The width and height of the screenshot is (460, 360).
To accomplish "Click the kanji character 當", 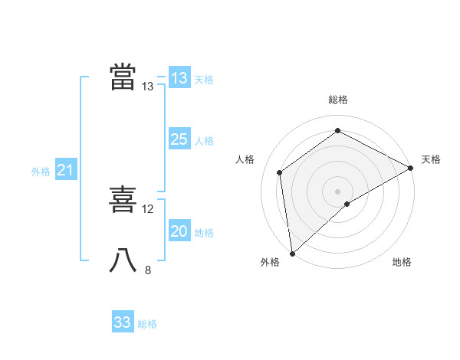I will [123, 77].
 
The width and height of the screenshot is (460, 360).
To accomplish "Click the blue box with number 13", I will [179, 78].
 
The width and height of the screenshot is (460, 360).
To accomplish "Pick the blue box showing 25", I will [179, 139].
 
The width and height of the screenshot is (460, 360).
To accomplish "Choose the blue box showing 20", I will [179, 231].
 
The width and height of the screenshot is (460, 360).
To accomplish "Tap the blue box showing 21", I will [65, 171].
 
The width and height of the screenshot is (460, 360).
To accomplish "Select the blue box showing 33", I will [123, 322].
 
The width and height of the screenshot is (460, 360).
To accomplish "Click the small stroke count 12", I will [148, 208].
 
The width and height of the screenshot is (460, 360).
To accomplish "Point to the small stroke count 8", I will [148, 270].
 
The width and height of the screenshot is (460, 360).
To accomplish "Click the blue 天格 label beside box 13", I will [204, 80].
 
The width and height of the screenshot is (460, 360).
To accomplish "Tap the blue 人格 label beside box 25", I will [204, 141].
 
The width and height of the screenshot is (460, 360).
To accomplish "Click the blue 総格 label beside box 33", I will [147, 324].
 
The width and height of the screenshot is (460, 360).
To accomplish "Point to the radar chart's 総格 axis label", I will [337, 100].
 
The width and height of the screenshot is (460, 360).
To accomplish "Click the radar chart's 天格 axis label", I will [431, 159].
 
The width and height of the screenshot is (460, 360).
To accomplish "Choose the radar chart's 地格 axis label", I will [402, 263].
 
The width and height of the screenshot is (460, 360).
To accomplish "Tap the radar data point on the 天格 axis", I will [411, 168].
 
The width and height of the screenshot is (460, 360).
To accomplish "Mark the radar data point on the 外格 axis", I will [291, 254].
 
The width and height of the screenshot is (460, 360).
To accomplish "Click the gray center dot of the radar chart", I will [337, 191].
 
